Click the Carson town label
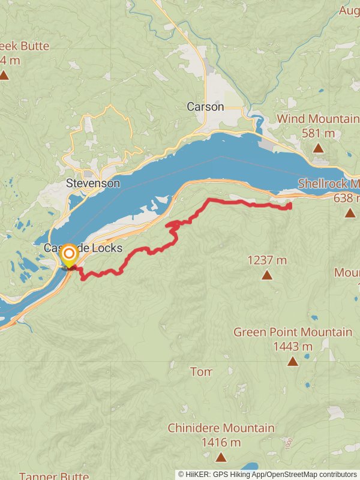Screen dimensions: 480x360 [205, 107]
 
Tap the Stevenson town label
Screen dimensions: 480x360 [93, 184]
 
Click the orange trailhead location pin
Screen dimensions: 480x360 [70, 255]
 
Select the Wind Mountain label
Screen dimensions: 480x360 [318, 119]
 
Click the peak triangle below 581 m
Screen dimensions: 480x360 [318, 148]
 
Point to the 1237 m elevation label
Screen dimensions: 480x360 [267, 260]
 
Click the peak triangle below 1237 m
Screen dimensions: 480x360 [267, 275]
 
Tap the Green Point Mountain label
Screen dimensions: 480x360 [293, 332]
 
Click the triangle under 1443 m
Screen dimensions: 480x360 [293, 361]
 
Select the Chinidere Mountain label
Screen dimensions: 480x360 [221, 428]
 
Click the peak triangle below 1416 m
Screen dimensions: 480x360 [221, 457]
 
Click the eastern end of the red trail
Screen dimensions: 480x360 [290, 206]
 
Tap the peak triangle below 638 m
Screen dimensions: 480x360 [350, 212]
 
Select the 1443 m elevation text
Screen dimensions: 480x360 [293, 346]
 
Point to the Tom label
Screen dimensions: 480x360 [201, 372]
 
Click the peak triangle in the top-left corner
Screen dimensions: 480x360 [4, 75]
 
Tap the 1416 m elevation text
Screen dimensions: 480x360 [221, 443]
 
